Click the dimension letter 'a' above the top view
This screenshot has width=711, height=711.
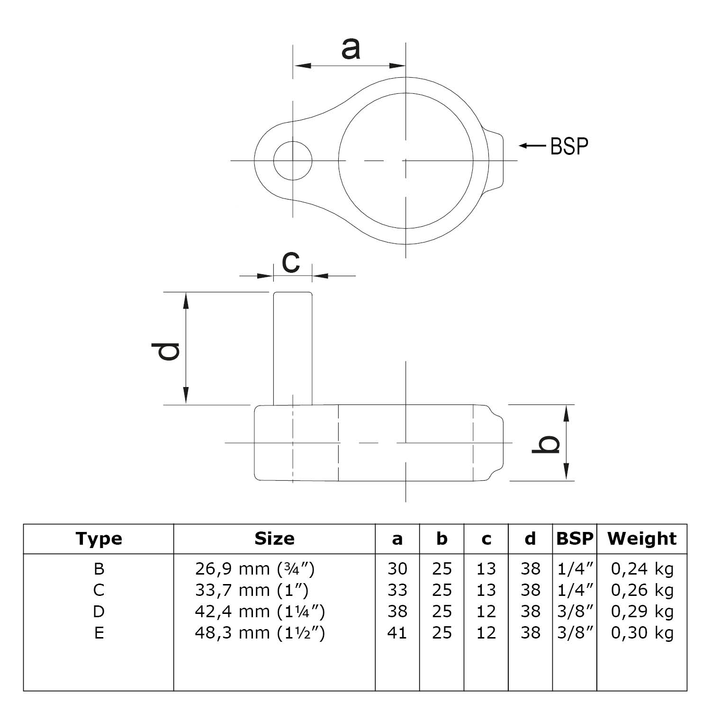(x=350, y=48)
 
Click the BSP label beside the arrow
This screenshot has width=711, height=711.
(x=569, y=146)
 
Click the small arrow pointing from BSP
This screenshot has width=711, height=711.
(x=532, y=146)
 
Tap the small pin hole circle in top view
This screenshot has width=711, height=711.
(x=293, y=160)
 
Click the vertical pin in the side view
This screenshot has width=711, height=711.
(x=293, y=349)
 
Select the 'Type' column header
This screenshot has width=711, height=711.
(x=99, y=539)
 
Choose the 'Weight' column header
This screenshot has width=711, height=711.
(x=642, y=539)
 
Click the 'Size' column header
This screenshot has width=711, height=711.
(x=274, y=539)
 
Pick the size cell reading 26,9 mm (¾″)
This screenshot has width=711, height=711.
(x=255, y=568)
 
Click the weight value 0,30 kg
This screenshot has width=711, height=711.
(x=642, y=633)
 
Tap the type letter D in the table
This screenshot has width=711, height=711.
(x=99, y=612)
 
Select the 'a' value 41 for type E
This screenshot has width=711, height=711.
(x=397, y=633)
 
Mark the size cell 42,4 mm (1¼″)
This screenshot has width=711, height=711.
(x=260, y=612)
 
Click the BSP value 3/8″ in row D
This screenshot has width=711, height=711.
(x=575, y=612)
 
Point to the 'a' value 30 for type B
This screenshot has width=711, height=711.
(x=397, y=568)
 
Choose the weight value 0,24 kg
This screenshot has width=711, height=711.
(x=642, y=568)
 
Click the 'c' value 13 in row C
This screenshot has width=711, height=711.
(x=486, y=590)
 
